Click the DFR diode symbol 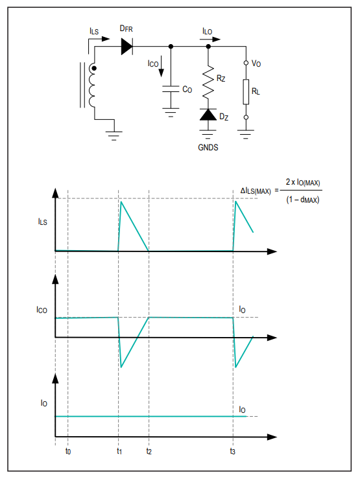coord(127,47)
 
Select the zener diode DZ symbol coord(208,114)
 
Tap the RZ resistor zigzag coord(208,82)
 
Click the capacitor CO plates coord(171,89)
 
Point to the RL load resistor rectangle coord(246,92)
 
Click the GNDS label coord(208,148)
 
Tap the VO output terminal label coord(256,64)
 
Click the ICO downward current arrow coord(162,66)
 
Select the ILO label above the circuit coord(207,31)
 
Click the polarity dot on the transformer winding coord(94,69)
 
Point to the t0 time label coord(68,451)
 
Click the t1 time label coord(119,451)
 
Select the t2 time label coord(149,451)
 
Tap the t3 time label coord(233,451)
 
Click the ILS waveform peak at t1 coord(121,202)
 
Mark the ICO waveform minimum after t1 coord(121,367)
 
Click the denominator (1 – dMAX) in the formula coord(302,200)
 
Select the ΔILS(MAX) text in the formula coord(256,191)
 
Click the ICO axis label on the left coord(42,310)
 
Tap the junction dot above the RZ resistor coord(208,47)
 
